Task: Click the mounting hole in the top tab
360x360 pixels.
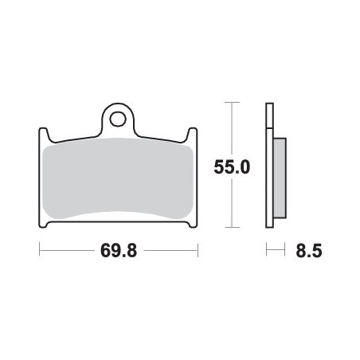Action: coord(119,119)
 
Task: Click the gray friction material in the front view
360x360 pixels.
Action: coord(118,178)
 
